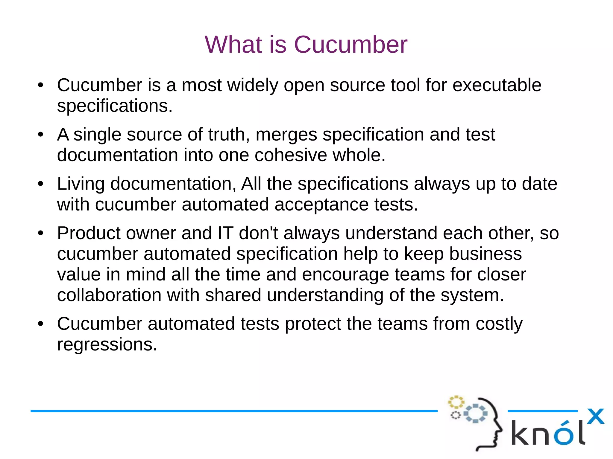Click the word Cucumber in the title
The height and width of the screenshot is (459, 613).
pos(350,45)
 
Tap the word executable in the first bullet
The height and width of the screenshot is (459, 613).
pos(497,85)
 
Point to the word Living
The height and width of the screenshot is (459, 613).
pos(81,184)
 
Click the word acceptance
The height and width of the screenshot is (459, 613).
pos(321,205)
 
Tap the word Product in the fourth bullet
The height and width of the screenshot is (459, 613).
pos(89,233)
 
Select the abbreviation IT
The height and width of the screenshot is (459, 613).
pos(225,233)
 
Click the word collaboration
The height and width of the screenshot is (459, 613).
pos(109,295)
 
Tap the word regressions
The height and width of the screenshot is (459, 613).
pos(107,344)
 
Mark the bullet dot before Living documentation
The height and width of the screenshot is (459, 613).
pos(41,184)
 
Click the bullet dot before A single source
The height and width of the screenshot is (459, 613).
pos(41,134)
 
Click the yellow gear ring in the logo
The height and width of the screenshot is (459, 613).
pos(456,402)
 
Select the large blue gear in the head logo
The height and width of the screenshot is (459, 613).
pos(475,413)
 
